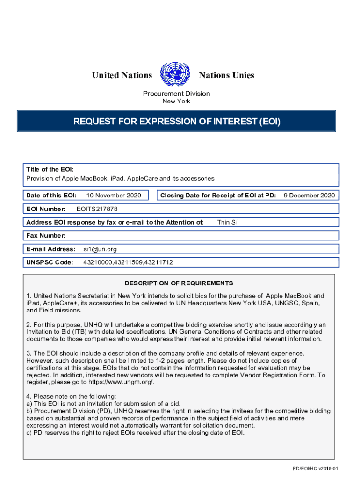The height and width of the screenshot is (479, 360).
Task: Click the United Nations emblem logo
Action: pyautogui.click(x=175, y=75)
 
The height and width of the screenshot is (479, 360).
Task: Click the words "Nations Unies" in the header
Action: pyautogui.click(x=226, y=75)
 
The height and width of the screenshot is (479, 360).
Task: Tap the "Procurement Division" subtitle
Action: pyautogui.click(x=176, y=94)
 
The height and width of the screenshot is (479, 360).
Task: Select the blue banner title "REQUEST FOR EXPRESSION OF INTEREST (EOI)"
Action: pyautogui.click(x=177, y=122)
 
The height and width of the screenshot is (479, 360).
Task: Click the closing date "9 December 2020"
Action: pyautogui.click(x=309, y=196)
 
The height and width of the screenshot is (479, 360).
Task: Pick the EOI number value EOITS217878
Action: pyautogui.click(x=97, y=209)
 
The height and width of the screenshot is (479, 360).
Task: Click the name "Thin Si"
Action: pyautogui.click(x=227, y=222)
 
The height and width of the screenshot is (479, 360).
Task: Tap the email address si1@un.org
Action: pyautogui.click(x=100, y=249)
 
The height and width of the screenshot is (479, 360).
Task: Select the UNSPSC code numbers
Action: pyautogui.click(x=128, y=262)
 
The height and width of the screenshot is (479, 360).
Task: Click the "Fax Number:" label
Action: pyautogui.click(x=46, y=236)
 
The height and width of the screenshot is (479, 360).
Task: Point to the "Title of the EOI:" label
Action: pyautogui.click(x=50, y=169)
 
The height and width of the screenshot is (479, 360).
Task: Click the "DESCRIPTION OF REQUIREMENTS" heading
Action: pyautogui.click(x=179, y=283)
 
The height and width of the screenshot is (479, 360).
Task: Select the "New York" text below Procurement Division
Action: pyautogui.click(x=176, y=101)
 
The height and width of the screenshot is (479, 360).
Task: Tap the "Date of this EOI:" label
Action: pyautogui.click(x=51, y=196)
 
